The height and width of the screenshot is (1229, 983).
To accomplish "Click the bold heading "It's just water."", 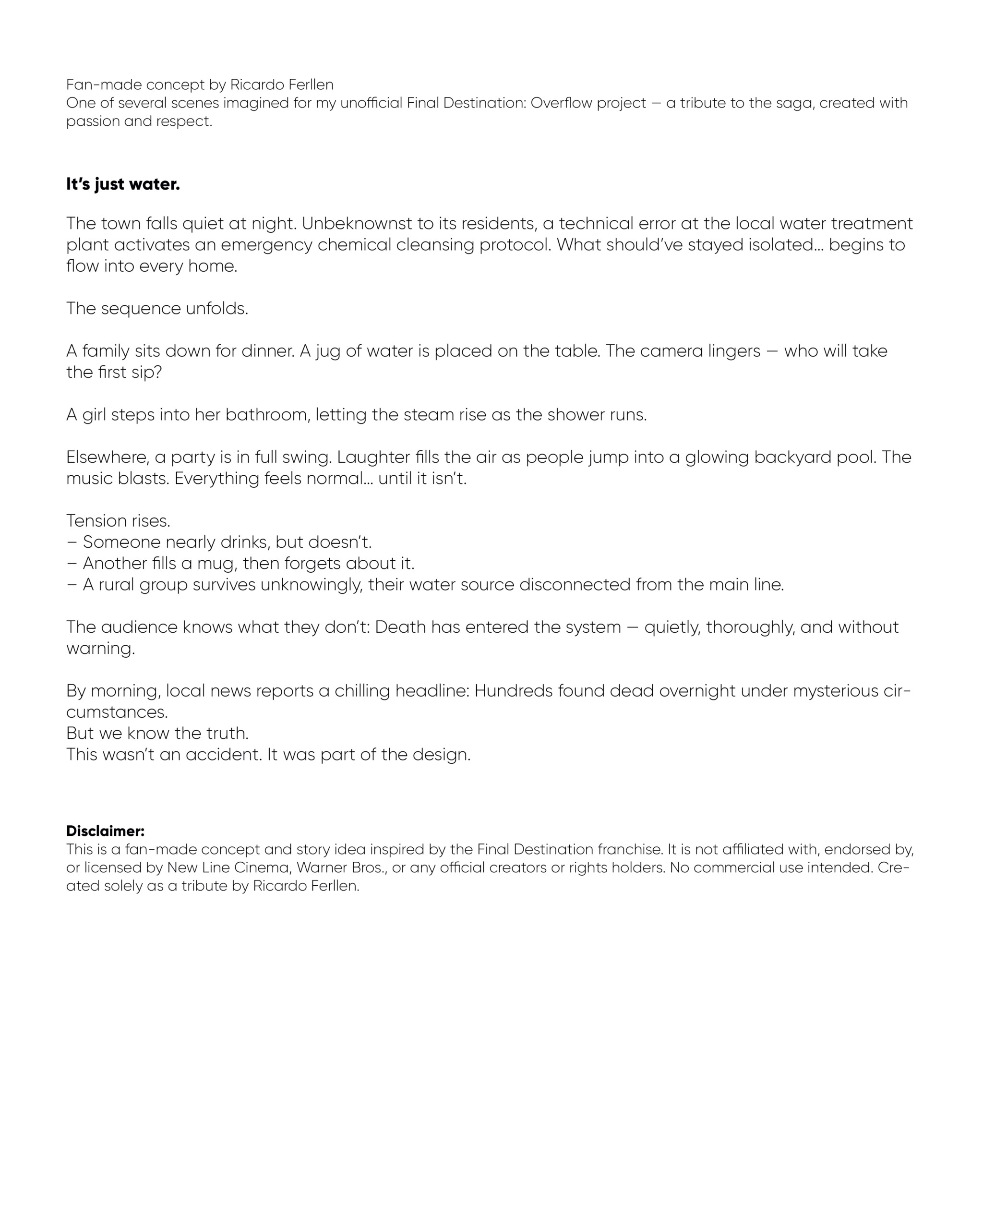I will tap(123, 185).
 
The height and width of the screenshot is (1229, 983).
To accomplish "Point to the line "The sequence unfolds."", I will tap(157, 308).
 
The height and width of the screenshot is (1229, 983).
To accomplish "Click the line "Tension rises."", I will tap(119, 520).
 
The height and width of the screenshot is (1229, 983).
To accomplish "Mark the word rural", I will tap(116, 585).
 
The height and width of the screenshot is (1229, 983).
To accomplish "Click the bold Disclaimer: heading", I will tap(106, 831).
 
